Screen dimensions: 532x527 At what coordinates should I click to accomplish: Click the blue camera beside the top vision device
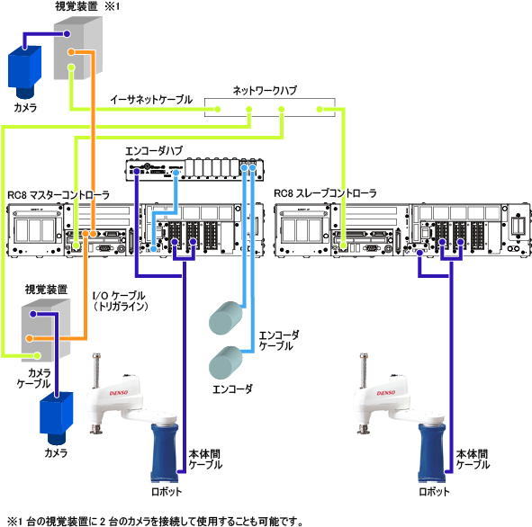coord(25,71)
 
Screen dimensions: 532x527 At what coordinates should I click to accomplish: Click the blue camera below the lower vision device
coord(57,418)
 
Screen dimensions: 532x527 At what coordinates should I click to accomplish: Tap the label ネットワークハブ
coord(265,91)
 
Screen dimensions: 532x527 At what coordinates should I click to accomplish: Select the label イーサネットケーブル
coord(151,100)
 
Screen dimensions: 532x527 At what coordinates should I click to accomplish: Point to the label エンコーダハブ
coord(154,151)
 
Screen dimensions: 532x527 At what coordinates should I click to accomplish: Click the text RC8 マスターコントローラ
coord(59,195)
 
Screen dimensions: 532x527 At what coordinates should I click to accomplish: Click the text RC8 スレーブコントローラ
coord(325,193)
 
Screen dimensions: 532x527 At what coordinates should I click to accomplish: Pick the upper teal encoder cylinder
coord(226,317)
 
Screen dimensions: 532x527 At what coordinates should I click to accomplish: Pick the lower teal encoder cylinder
coord(226,362)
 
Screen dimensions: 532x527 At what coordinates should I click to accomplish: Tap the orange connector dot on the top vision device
coord(71,52)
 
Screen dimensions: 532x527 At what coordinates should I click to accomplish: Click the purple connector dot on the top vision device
coord(67,34)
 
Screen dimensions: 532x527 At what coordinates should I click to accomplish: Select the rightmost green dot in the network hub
coord(320,109)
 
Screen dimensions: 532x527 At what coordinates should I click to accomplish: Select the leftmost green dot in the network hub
coord(218,109)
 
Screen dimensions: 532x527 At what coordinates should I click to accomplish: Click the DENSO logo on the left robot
coord(119,393)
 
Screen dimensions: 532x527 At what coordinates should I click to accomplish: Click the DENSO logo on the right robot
coord(386,393)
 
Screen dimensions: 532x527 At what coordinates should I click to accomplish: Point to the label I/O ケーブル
coord(119,296)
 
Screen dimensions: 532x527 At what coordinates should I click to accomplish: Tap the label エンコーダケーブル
coord(279,341)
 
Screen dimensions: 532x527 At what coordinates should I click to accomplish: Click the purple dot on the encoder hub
coord(137,172)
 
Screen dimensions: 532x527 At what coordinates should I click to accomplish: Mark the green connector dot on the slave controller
coord(344,245)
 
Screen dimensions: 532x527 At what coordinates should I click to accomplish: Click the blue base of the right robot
coord(431,452)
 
